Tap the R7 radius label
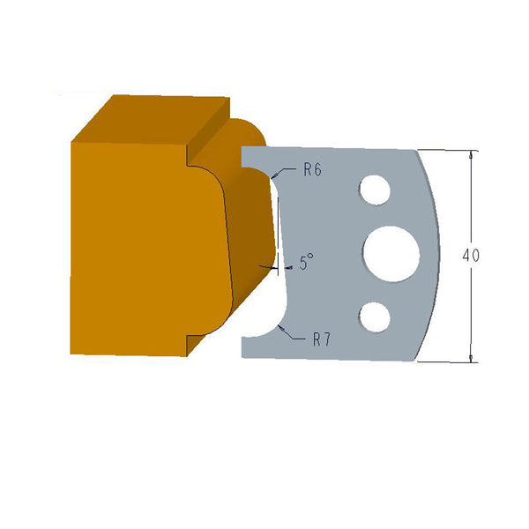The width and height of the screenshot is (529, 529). (x=320, y=339)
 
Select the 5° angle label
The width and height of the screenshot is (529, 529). (x=306, y=262)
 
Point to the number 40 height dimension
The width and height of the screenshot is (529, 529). (x=471, y=256)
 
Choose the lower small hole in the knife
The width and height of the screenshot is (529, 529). (x=375, y=316)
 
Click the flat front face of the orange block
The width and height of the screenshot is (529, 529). (x=132, y=247)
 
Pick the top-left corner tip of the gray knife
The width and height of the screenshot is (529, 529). (x=243, y=148)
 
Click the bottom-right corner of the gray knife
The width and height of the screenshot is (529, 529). (x=416, y=360)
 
